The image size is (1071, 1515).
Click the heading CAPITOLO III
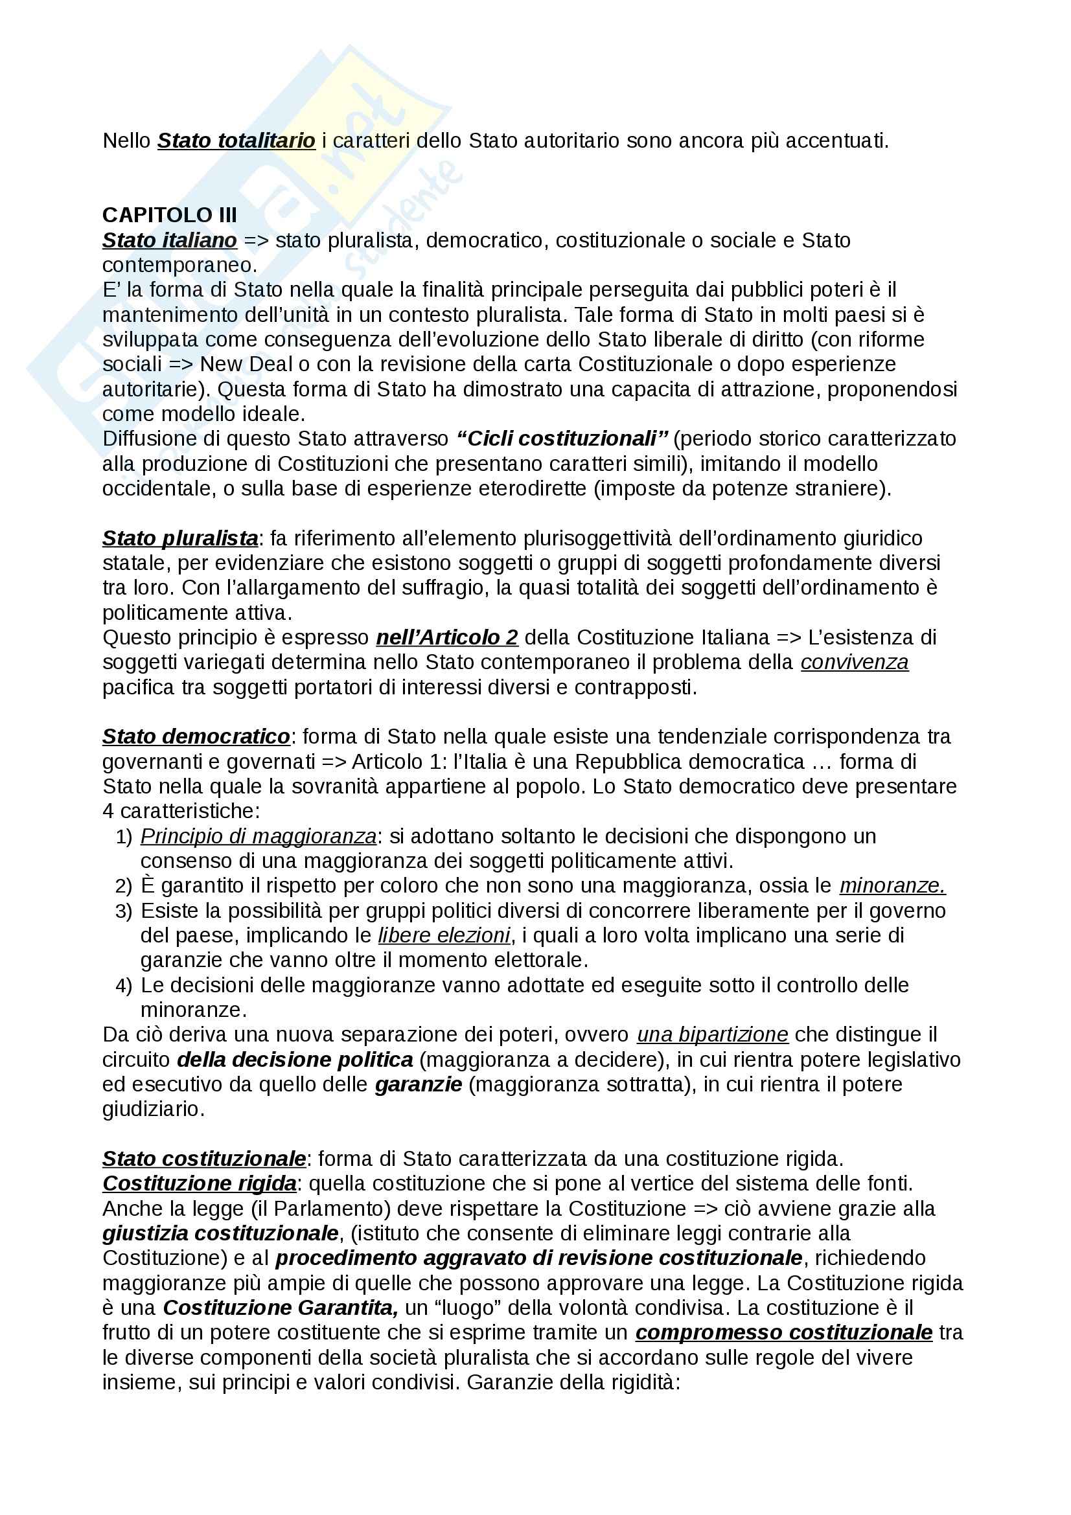coord(169,215)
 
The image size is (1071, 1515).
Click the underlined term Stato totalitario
coord(236,141)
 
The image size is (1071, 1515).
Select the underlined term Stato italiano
coord(169,240)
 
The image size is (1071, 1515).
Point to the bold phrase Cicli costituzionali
coord(562,439)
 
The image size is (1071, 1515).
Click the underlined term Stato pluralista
coord(179,538)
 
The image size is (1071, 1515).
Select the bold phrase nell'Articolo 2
coord(447,637)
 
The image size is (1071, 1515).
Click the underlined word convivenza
coord(854,662)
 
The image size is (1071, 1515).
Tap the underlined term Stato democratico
coord(195,736)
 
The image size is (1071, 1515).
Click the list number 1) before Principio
coord(124,837)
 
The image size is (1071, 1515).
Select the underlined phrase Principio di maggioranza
coord(258,836)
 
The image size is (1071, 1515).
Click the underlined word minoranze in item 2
coord(892,885)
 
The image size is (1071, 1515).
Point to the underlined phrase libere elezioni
coord(444,935)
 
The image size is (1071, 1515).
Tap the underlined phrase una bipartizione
coord(712,1034)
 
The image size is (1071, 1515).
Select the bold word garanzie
coord(419,1084)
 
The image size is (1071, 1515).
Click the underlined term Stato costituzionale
coord(203,1159)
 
